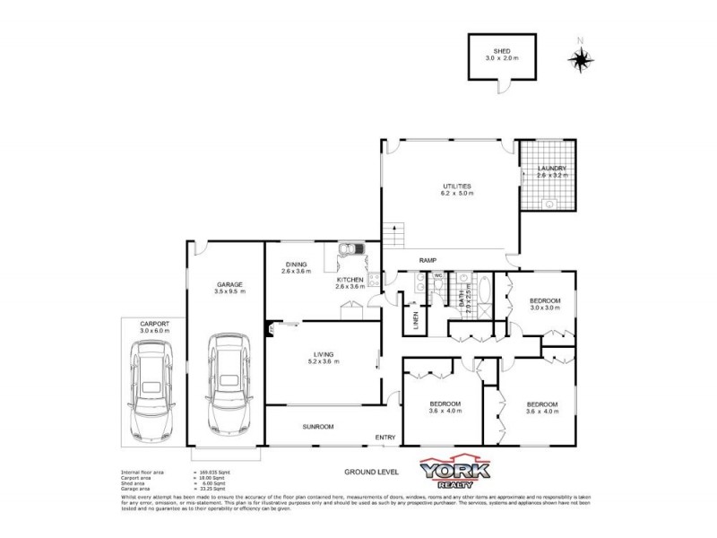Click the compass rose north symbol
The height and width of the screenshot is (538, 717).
click(x=581, y=58)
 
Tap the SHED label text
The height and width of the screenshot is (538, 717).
click(x=496, y=50)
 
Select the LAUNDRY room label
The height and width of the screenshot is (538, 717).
click(x=551, y=169)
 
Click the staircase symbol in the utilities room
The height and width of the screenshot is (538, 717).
click(x=392, y=235)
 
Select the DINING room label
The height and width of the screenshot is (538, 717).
click(x=296, y=265)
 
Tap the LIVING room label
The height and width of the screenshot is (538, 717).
click(x=323, y=353)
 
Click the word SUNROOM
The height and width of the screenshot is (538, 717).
click(x=317, y=427)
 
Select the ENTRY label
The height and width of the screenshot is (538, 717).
click(x=385, y=438)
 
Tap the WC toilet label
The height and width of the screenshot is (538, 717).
click(x=438, y=275)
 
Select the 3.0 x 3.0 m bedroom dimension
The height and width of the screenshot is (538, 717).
click(x=544, y=308)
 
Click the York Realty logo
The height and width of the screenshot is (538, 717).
click(x=455, y=473)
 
